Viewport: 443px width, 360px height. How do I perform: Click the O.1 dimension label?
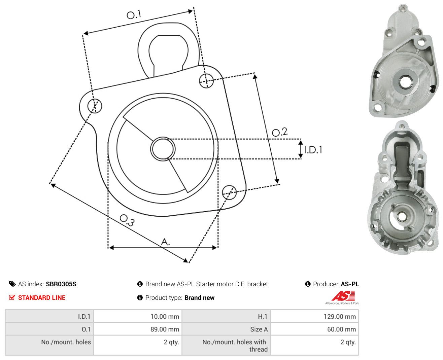134,14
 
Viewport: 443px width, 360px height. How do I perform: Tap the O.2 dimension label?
280,132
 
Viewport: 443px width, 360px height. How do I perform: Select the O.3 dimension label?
127,220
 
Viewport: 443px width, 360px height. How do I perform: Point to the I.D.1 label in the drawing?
313,150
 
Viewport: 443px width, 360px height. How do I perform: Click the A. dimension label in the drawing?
165,242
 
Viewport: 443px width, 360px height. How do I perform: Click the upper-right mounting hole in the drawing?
206,81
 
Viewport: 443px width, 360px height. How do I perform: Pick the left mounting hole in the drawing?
95,106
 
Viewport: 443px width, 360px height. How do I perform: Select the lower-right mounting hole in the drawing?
229,192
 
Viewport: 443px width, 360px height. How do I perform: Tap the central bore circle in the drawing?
163,149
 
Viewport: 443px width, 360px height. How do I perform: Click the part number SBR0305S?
61,284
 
